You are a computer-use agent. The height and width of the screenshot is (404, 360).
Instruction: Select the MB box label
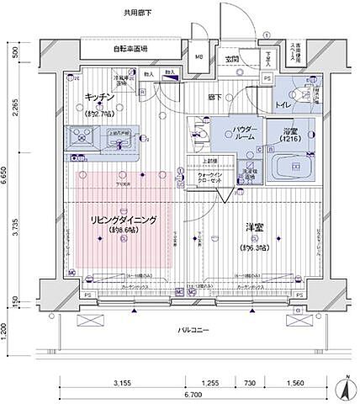pyautogui.click(x=199, y=57)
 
